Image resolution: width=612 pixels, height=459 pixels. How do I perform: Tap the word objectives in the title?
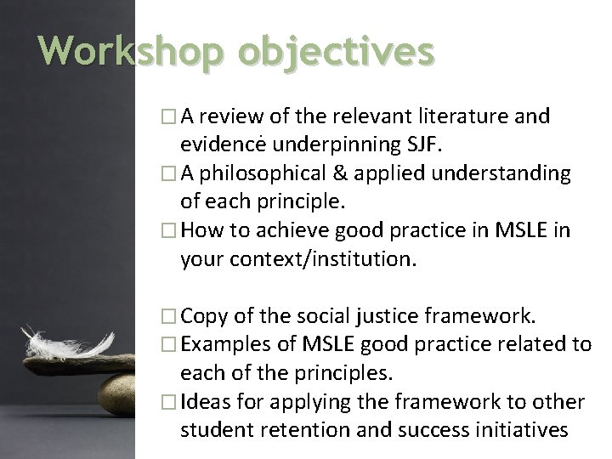(x=336, y=52)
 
